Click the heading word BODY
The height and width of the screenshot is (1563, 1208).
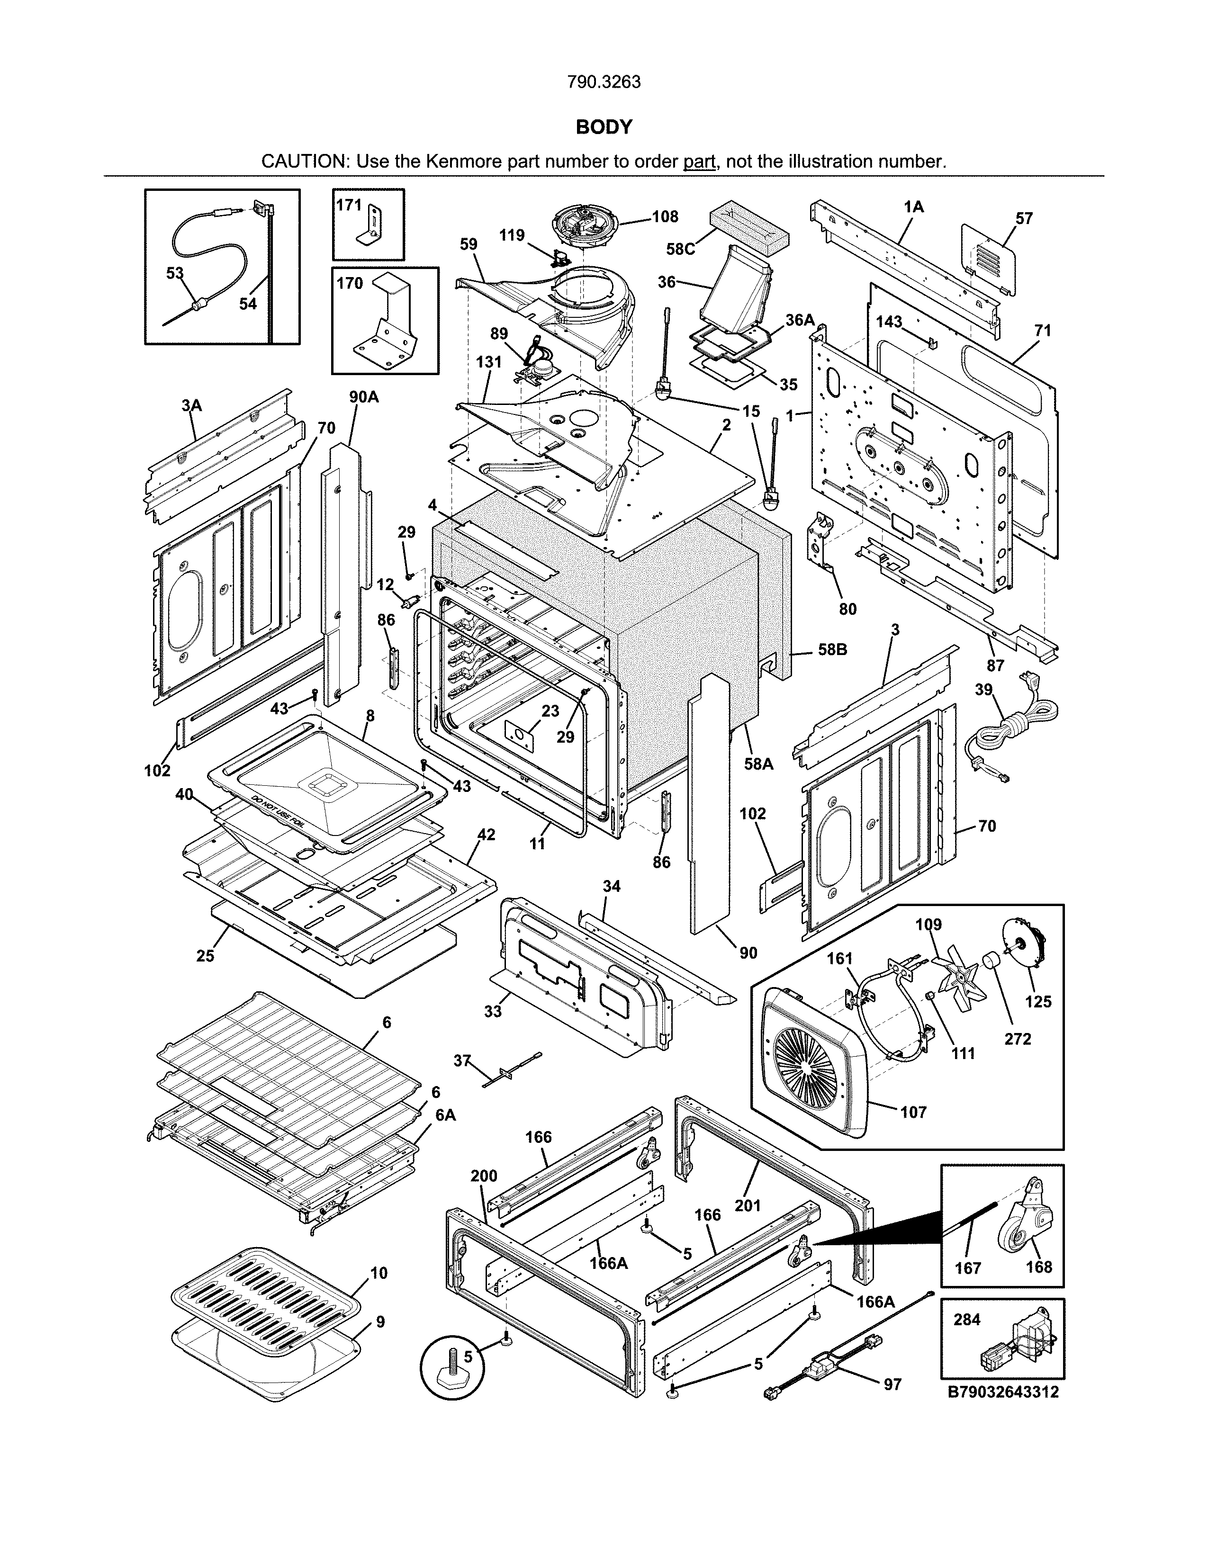tap(604, 127)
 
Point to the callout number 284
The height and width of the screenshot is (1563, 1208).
tap(967, 1320)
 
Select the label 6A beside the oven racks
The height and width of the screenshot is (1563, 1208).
tap(445, 1115)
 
